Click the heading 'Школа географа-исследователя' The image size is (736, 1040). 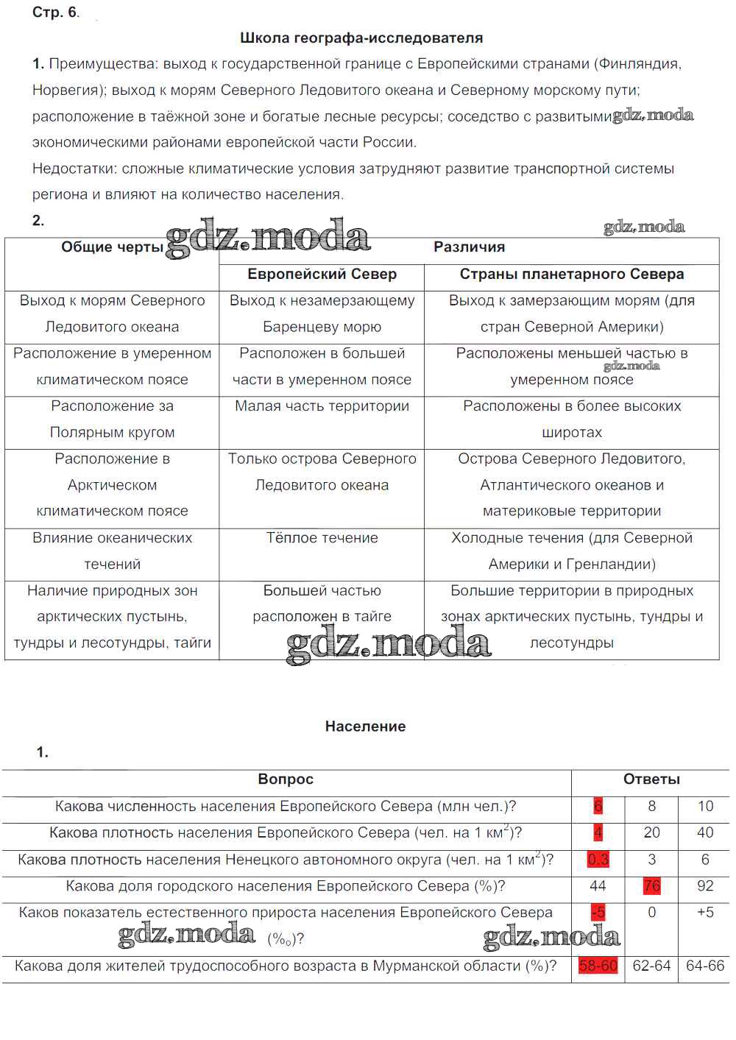click(361, 38)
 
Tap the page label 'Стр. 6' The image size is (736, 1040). click(54, 12)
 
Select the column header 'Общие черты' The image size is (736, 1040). click(112, 247)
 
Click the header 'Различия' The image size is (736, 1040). click(469, 247)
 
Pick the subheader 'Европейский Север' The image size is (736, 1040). click(322, 275)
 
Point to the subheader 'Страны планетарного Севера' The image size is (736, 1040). click(571, 275)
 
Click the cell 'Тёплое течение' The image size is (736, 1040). click(322, 538)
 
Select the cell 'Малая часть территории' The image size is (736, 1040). click(322, 406)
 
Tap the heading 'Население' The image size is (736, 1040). click(365, 726)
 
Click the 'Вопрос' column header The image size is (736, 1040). click(286, 779)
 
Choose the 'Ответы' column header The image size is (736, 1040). click(651, 779)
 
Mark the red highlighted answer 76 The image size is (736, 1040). click(651, 885)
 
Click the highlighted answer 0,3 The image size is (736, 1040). click(598, 859)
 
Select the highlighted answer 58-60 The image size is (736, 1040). click(598, 966)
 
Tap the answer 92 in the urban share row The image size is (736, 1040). click(704, 885)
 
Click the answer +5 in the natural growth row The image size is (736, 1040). click(704, 912)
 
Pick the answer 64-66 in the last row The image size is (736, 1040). click(704, 966)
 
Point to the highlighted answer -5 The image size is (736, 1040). click(598, 912)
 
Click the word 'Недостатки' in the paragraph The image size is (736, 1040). click(74, 169)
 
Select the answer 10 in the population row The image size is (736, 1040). click(704, 806)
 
